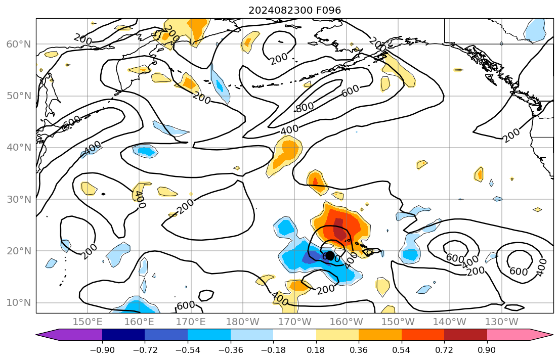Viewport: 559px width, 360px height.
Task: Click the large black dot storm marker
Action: click(x=329, y=256)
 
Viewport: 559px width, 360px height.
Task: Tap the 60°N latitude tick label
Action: click(x=18, y=44)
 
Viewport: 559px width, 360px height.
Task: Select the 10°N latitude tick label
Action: click(x=18, y=303)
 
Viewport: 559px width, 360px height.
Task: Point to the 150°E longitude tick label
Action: click(x=88, y=322)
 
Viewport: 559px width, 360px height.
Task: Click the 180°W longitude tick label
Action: click(x=243, y=322)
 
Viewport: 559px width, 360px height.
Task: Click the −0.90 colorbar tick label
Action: click(x=102, y=349)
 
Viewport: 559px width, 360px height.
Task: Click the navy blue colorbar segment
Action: click(x=123, y=335)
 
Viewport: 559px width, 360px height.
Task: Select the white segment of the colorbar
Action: click(x=294, y=335)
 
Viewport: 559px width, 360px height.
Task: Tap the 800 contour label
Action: click(x=304, y=107)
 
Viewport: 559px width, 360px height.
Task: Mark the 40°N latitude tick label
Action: click(x=18, y=148)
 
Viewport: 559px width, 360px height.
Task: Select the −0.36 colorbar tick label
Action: click(x=230, y=349)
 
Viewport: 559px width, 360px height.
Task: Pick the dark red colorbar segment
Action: click(x=465, y=335)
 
